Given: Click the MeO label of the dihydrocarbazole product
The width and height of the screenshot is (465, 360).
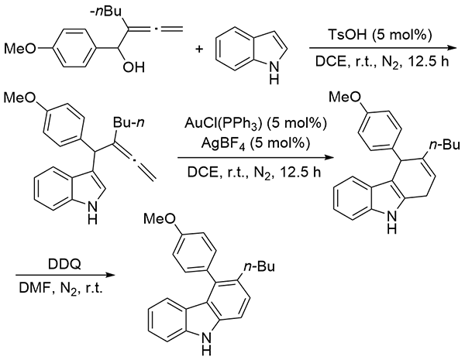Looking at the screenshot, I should click(347, 100).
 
